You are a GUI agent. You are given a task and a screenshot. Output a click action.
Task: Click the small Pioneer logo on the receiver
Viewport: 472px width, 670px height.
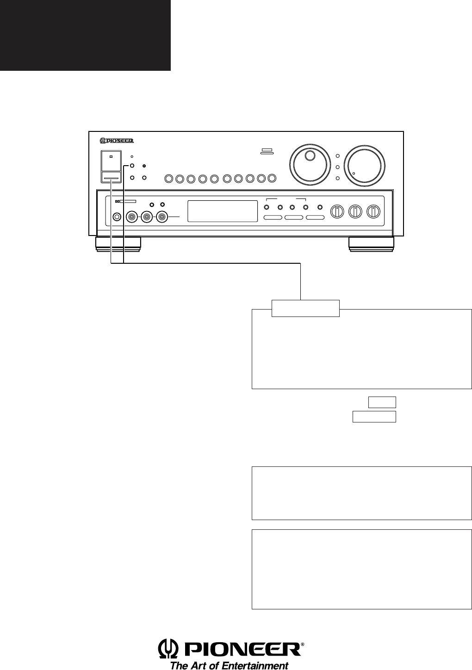click(x=116, y=141)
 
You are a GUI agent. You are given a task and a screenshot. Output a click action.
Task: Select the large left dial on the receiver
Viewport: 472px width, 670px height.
click(x=310, y=165)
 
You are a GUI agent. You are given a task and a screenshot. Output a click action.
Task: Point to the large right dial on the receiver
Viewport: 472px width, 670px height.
click(x=364, y=165)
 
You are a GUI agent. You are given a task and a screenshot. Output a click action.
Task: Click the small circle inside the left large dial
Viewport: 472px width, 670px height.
click(x=310, y=155)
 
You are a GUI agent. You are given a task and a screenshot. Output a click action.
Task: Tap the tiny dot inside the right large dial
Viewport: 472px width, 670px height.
click(x=354, y=174)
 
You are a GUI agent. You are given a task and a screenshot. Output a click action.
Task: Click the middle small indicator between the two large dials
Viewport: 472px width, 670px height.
click(x=338, y=167)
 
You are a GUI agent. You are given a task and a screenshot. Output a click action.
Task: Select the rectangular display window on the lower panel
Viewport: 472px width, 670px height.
click(x=223, y=211)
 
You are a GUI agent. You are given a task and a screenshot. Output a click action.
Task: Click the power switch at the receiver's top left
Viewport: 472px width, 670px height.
click(x=111, y=166)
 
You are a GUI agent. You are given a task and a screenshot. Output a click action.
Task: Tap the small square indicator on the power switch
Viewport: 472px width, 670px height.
click(x=111, y=156)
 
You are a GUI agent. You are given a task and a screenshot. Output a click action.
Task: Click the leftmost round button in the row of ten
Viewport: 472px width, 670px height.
click(x=169, y=179)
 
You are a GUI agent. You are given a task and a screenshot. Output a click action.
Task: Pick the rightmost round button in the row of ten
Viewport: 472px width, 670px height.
click(x=272, y=178)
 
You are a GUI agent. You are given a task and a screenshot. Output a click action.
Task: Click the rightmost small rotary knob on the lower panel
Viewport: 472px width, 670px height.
click(x=373, y=211)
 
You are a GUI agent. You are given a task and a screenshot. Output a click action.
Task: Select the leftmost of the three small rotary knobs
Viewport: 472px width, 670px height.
click(x=337, y=211)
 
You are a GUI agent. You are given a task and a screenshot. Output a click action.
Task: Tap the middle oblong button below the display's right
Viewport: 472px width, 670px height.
click(x=294, y=217)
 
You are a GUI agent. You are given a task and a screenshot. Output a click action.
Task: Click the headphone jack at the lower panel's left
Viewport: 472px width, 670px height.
click(x=117, y=217)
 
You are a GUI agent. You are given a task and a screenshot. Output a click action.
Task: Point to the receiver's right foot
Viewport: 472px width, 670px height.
click(x=371, y=244)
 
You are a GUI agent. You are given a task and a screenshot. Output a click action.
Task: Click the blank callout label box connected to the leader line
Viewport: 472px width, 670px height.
click(x=305, y=308)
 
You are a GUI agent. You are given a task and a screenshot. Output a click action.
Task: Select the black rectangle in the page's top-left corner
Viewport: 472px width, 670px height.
click(x=85, y=35)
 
